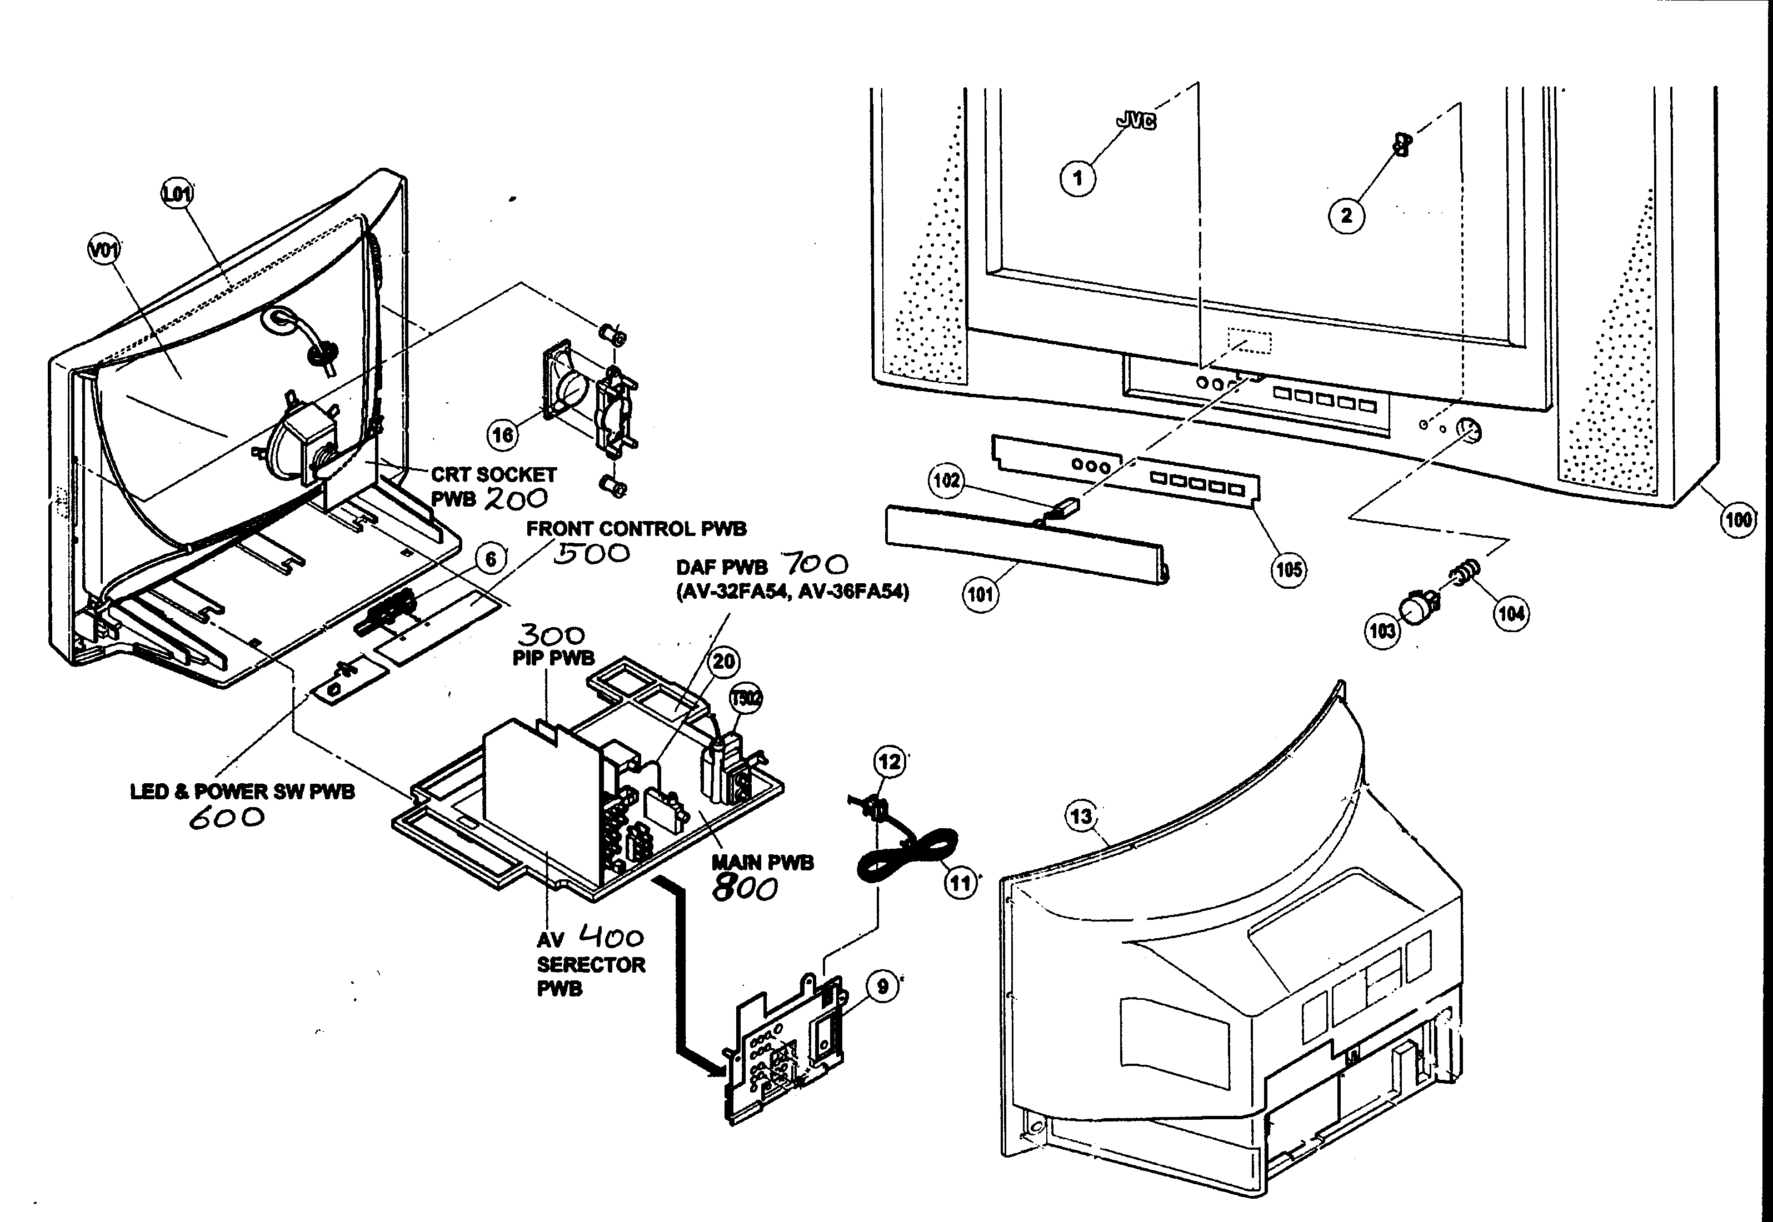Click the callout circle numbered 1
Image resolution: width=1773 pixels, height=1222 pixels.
pos(1077,178)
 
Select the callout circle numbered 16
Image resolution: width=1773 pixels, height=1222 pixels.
pos(502,435)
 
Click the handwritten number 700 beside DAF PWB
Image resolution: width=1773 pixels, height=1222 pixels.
pos(814,565)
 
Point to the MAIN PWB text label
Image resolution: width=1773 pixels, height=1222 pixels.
pos(762,863)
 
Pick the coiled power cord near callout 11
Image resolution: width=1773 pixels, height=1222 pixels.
pos(909,858)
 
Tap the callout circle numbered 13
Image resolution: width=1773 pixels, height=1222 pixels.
pos(1081,816)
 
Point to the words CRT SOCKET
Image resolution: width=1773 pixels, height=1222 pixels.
pos(494,475)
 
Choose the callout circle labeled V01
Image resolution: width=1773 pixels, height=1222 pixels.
pos(105,249)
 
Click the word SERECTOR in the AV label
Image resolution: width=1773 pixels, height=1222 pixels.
pos(591,965)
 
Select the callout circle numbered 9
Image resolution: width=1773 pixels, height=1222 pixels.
pos(883,986)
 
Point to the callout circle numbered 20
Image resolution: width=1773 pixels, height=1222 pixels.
pos(724,662)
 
